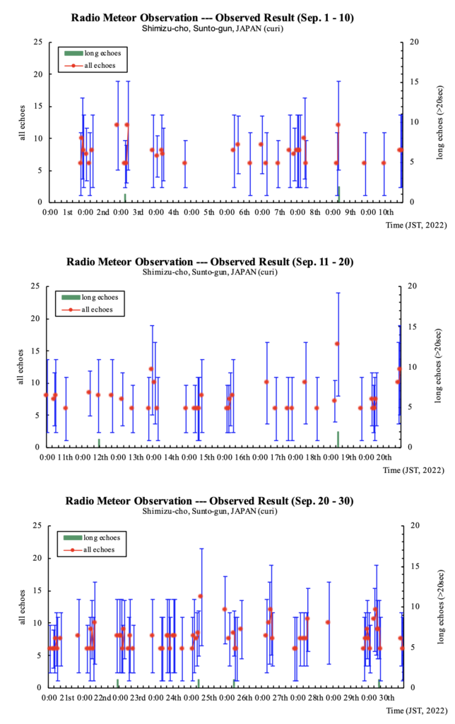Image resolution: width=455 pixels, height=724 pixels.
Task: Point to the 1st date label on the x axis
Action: (x=68, y=212)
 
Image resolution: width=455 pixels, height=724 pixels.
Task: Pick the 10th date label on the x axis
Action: (x=386, y=212)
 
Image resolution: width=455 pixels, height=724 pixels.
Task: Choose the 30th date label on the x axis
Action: (x=386, y=698)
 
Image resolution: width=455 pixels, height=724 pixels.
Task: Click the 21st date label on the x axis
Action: (x=67, y=698)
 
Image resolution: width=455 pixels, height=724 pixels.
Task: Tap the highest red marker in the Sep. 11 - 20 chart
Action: (x=337, y=344)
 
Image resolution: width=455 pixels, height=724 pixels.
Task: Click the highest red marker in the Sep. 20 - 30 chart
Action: (x=201, y=596)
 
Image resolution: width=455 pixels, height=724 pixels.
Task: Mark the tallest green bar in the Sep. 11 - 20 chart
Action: (x=338, y=439)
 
